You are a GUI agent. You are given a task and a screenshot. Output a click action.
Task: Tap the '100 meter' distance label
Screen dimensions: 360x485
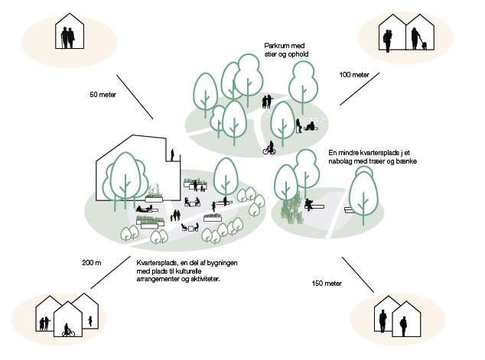(354, 75)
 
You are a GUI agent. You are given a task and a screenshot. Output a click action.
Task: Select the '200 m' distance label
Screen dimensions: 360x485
(92, 263)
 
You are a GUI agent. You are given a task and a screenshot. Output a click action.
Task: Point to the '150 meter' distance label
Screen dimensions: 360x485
(327, 284)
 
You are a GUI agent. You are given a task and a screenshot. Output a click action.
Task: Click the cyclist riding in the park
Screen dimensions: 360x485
(269, 148)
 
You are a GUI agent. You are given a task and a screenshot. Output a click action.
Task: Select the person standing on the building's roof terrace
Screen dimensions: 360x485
(173, 155)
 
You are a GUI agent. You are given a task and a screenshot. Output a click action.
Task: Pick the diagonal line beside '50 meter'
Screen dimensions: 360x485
(134, 96)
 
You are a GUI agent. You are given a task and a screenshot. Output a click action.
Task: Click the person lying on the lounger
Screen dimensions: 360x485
(144, 207)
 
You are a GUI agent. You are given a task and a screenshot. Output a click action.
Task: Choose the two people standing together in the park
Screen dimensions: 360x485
(267, 101)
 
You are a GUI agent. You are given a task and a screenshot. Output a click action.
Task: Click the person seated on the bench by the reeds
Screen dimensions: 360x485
(308, 204)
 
